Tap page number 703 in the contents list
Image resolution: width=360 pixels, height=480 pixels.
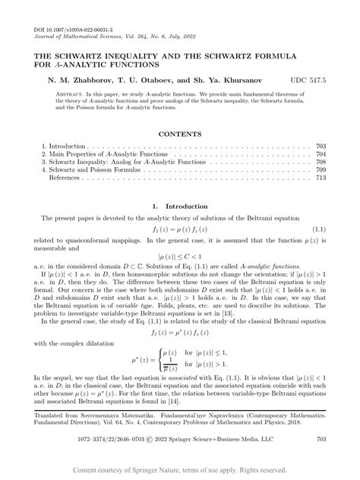(x=321, y=144)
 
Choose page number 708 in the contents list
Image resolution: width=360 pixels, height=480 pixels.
(x=321, y=162)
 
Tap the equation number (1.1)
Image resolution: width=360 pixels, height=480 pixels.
(x=319, y=229)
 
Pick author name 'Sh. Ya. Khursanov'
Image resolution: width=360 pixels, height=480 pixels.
(x=228, y=79)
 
